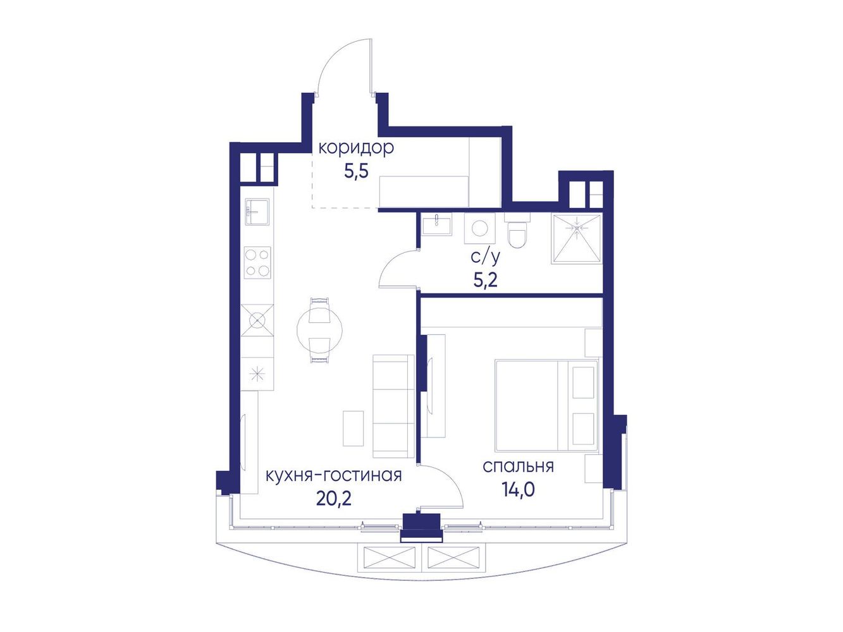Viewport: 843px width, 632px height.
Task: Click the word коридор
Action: tap(356, 148)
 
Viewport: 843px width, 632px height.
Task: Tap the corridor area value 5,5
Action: tap(357, 172)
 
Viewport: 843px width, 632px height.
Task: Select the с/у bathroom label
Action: tap(486, 257)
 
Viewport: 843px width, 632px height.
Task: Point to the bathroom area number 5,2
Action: tap(486, 281)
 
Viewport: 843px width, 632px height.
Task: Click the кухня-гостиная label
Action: tap(334, 475)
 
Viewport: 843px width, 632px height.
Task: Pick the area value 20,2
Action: tap(334, 498)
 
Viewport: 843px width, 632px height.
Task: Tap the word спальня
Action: tap(518, 466)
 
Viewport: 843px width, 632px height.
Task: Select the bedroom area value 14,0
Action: tap(518, 490)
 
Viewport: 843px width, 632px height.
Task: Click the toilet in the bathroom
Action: tap(517, 231)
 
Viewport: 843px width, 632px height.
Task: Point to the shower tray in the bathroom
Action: tap(577, 239)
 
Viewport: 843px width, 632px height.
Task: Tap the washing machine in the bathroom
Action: tap(480, 229)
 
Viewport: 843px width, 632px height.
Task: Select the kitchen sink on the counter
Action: tap(257, 212)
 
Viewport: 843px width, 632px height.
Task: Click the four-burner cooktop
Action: tap(257, 263)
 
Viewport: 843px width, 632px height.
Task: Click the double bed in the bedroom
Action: tap(546, 405)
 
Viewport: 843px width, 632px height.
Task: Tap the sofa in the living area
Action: tap(393, 406)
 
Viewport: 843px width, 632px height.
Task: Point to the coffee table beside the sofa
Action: tap(353, 428)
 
